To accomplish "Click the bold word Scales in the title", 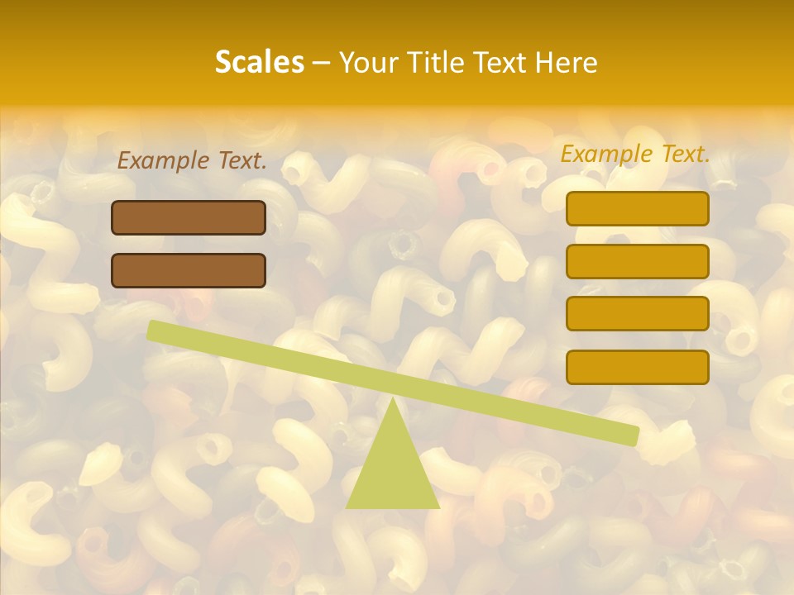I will click(260, 62).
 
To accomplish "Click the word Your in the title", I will click(368, 63).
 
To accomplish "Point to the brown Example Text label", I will click(192, 161).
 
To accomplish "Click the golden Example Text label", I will click(635, 154).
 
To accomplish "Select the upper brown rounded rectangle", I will click(189, 217).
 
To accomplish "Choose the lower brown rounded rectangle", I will click(189, 270).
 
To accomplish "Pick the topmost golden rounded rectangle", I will click(637, 208).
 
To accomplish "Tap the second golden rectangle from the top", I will click(637, 261).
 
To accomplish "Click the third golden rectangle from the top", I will click(637, 313).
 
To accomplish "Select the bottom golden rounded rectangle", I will click(637, 367).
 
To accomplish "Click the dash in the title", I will click(322, 63).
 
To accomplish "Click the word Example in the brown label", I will click(163, 161).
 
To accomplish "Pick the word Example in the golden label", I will click(606, 154).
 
